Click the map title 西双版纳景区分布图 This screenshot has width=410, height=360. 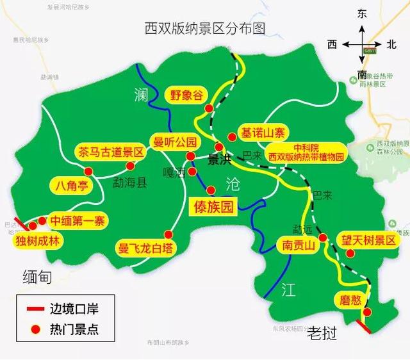point(205,29)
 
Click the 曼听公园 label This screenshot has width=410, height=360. point(173,142)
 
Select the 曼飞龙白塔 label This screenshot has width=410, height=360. point(146,247)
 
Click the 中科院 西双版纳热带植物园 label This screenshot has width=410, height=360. point(306,152)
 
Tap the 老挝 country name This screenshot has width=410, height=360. point(322,333)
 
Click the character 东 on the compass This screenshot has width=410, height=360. point(363,13)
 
